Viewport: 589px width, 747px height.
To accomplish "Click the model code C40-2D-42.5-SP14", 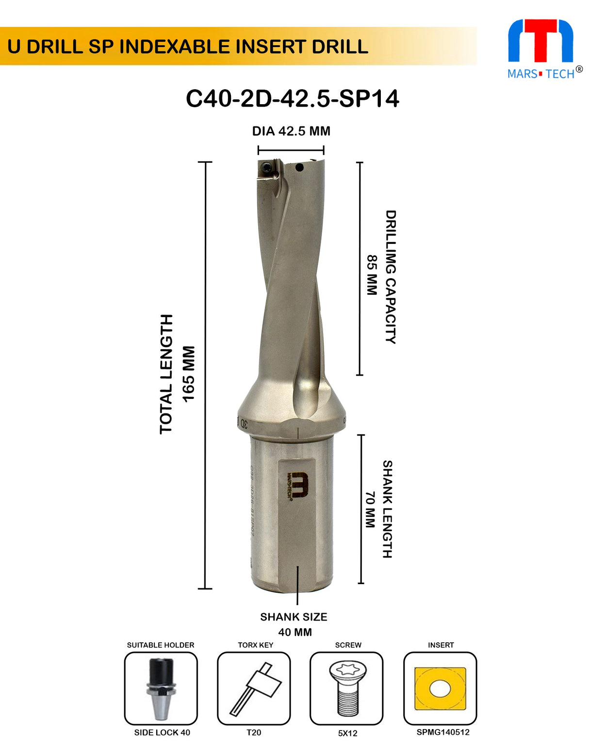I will click(x=292, y=99).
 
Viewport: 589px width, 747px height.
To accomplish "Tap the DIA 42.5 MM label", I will click(x=291, y=131).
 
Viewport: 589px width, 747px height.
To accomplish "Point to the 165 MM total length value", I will click(x=188, y=374).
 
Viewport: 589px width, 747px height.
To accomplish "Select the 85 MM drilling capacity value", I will click(x=372, y=275).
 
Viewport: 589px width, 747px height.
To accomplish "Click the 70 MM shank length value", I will click(x=370, y=509).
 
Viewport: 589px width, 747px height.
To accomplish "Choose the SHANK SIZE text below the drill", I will click(x=294, y=617).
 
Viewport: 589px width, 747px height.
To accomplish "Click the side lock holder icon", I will click(x=161, y=688).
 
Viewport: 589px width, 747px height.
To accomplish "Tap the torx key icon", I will click(x=254, y=688).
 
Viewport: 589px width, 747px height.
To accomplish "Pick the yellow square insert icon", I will click(x=440, y=689).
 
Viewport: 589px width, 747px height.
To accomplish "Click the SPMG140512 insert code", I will click(x=443, y=732).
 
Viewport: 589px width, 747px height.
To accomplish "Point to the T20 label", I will click(x=254, y=732).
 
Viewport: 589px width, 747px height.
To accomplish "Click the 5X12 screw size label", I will click(x=347, y=733).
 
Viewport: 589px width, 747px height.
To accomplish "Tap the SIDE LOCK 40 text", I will click(x=162, y=732).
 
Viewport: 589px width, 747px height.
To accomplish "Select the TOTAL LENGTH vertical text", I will click(x=166, y=374).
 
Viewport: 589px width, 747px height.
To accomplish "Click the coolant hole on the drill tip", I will click(x=299, y=168).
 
